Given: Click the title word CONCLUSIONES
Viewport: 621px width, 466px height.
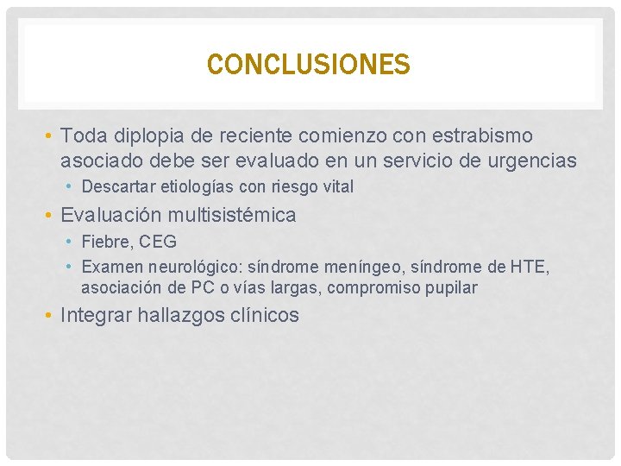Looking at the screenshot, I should pyautogui.click(x=309, y=65).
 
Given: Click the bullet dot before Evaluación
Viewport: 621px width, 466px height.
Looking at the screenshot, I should pyautogui.click(x=50, y=215).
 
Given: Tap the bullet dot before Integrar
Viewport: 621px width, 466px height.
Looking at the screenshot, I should pyautogui.click(x=50, y=316).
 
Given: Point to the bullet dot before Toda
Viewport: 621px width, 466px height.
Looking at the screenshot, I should pyautogui.click(x=50, y=136).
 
